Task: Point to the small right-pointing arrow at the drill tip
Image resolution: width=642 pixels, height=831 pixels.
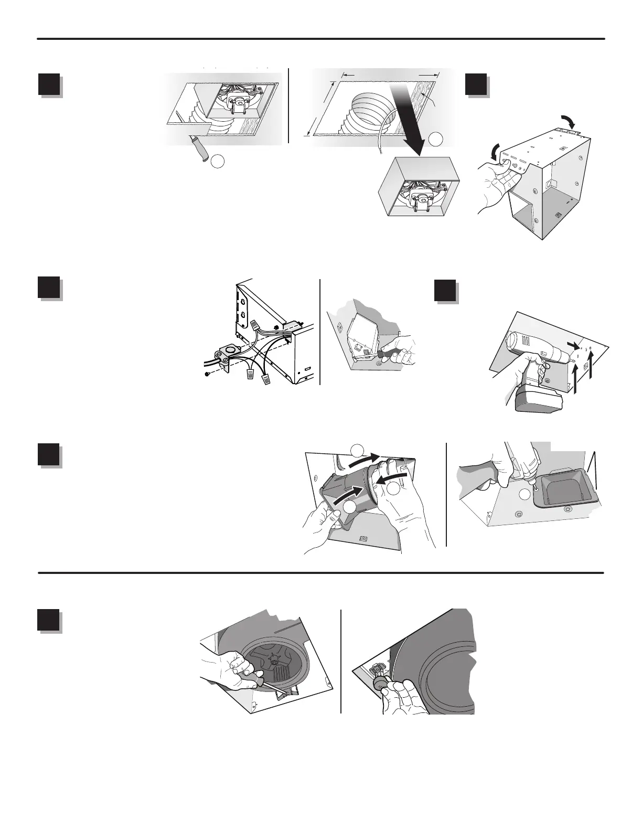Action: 576,344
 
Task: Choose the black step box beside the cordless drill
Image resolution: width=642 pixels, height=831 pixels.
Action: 446,290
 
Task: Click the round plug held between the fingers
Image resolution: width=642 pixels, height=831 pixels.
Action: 380,685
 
